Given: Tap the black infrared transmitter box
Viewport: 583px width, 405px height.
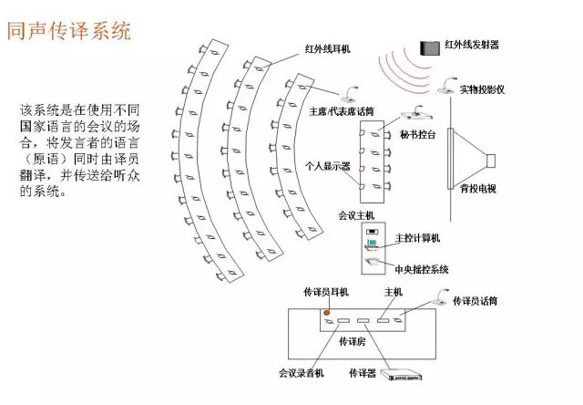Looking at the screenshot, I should point(428,47).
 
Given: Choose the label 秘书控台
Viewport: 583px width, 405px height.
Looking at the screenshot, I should point(417,134).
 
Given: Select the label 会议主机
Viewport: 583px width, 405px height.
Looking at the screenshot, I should point(355,215).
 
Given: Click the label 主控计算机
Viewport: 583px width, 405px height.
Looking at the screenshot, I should point(418,238).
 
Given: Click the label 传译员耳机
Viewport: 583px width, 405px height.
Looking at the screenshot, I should point(325,293).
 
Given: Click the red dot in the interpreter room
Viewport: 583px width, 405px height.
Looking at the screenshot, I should point(326,313).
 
